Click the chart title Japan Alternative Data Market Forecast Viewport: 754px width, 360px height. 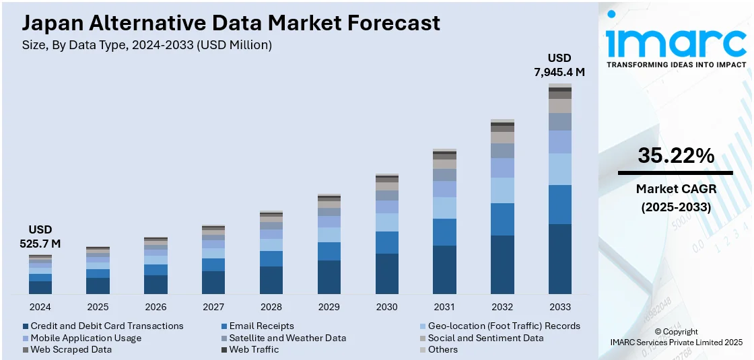[x=231, y=23]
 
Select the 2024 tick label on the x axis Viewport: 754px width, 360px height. [x=40, y=307]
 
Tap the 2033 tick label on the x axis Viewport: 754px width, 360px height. [x=559, y=307]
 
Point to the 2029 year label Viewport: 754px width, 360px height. [x=329, y=307]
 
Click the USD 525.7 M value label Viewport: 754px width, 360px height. [x=40, y=236]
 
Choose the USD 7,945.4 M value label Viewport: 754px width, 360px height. [x=559, y=65]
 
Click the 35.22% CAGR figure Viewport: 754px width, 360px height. [x=675, y=156]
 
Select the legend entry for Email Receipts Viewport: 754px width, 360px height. [x=261, y=326]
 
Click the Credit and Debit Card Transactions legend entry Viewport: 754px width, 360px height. [x=106, y=326]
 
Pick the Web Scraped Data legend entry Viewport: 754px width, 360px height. [x=71, y=349]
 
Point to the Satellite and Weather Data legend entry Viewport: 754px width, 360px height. [x=287, y=338]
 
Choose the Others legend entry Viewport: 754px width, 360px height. [x=442, y=349]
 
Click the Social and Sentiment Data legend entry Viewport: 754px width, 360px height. [x=485, y=338]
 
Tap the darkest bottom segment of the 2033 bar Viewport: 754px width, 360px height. [x=559, y=259]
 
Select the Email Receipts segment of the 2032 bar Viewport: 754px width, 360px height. [x=502, y=219]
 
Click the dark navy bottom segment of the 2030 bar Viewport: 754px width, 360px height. [x=386, y=274]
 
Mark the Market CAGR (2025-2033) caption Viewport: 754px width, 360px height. [x=675, y=198]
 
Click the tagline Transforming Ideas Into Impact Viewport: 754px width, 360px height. [x=676, y=65]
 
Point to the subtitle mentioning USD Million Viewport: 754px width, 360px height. [x=147, y=45]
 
